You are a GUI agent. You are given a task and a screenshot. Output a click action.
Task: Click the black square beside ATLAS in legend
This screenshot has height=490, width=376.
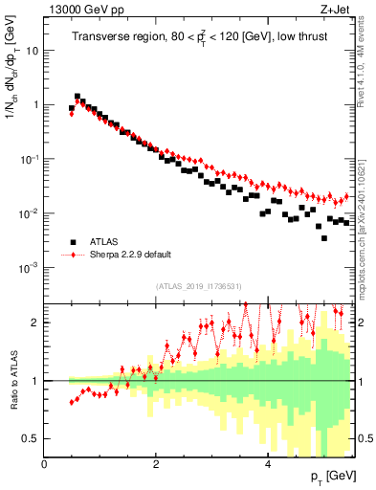click(x=73, y=242)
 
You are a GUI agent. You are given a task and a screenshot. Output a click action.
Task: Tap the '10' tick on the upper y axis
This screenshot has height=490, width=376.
click(x=33, y=50)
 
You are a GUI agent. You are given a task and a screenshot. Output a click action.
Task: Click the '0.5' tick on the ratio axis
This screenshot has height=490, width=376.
click(x=33, y=438)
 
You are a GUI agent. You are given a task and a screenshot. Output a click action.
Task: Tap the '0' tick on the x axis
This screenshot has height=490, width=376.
click(x=44, y=464)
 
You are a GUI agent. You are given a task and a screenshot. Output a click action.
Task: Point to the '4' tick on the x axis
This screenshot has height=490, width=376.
click(x=267, y=464)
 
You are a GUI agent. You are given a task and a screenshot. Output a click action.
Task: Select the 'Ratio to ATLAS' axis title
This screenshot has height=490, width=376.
click(x=11, y=382)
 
